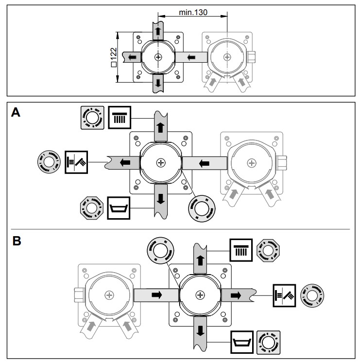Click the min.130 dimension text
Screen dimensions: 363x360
pyautogui.click(x=193, y=13)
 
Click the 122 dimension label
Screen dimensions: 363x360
pyautogui.click(x=114, y=57)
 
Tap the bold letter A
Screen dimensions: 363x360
pyautogui.click(x=16, y=113)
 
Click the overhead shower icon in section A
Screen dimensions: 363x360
pyautogui.click(x=119, y=117)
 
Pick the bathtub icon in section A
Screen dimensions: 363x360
pyautogui.click(x=119, y=208)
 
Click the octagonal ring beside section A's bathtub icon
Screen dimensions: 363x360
pyautogui.click(x=91, y=208)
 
